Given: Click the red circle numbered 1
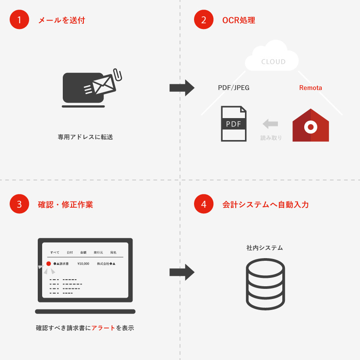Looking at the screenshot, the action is (19, 19).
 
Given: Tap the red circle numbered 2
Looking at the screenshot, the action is (204, 19).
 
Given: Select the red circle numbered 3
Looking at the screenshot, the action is (19, 204).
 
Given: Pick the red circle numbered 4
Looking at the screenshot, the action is (204, 204).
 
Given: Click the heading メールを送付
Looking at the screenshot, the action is (61, 20).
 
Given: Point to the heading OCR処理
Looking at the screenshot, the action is (238, 20).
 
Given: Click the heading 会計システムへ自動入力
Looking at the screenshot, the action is (266, 205).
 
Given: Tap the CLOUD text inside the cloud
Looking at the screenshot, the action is (273, 62).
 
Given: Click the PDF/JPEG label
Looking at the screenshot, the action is (234, 88).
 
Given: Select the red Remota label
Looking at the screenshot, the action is (310, 88).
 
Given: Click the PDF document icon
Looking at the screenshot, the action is (234, 123).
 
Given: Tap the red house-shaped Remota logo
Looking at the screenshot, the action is (311, 125).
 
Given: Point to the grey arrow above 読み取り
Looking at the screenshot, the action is (270, 124).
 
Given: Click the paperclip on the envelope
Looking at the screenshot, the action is (118, 74).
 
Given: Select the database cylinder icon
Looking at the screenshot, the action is (266, 284).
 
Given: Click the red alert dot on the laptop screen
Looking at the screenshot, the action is (48, 263).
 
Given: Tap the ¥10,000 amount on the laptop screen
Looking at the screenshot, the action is (83, 263).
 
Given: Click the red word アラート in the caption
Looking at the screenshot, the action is (103, 328).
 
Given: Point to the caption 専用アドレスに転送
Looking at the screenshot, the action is (85, 137).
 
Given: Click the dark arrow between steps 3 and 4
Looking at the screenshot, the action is (182, 272).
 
